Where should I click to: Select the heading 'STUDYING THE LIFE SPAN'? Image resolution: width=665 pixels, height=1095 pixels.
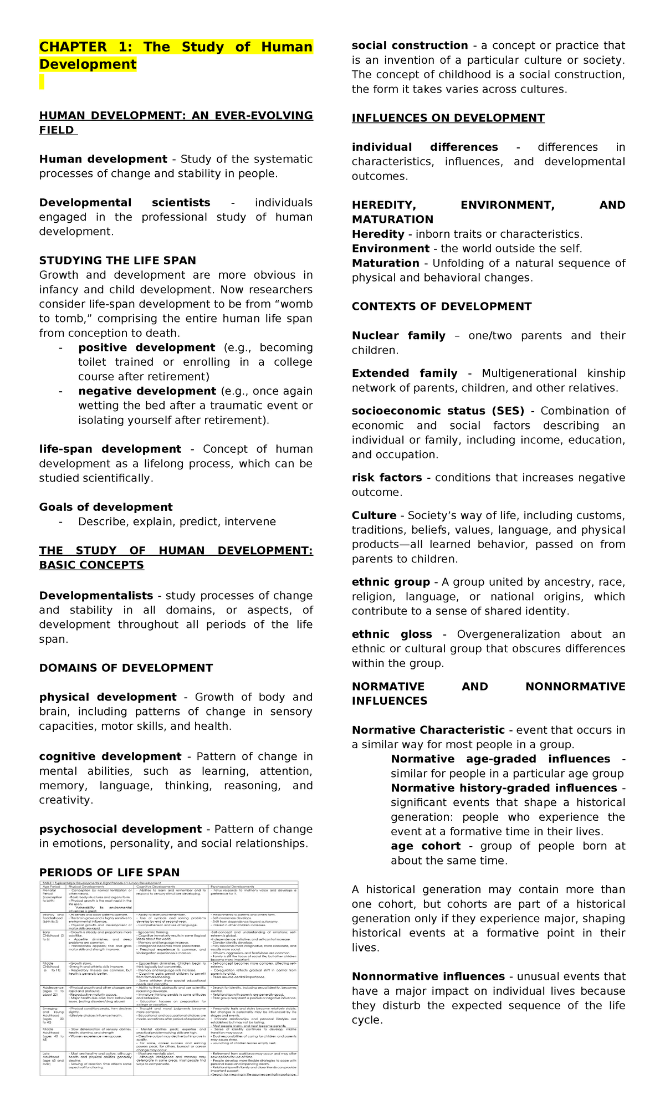117,260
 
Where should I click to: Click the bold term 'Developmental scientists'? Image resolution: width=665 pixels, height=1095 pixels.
124,203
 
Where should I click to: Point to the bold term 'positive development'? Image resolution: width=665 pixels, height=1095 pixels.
146,347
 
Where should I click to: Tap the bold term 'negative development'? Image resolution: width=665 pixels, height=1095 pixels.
147,391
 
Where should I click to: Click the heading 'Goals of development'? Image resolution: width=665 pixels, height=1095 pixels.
106,507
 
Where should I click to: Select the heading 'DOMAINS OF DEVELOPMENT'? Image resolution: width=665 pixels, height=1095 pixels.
126,668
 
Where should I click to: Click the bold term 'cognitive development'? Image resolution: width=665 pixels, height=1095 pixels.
110,756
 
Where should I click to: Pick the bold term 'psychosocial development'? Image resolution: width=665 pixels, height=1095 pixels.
120,829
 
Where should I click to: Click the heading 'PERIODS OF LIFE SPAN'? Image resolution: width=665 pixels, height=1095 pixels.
109,872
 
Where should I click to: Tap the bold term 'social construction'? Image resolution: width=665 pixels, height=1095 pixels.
410,45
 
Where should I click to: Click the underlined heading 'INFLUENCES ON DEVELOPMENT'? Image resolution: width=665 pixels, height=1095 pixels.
448,118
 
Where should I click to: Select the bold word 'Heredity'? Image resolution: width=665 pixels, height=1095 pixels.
378,234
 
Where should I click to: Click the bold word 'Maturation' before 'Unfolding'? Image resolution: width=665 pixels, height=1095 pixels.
385,263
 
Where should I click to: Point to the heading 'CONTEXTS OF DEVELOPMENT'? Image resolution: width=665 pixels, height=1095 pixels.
441,306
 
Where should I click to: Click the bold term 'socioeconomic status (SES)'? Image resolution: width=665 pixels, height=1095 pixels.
438,411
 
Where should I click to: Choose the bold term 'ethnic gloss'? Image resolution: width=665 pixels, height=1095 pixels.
391,634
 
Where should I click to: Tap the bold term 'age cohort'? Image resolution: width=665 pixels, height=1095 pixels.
425,846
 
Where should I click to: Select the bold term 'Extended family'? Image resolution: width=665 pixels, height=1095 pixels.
404,373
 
